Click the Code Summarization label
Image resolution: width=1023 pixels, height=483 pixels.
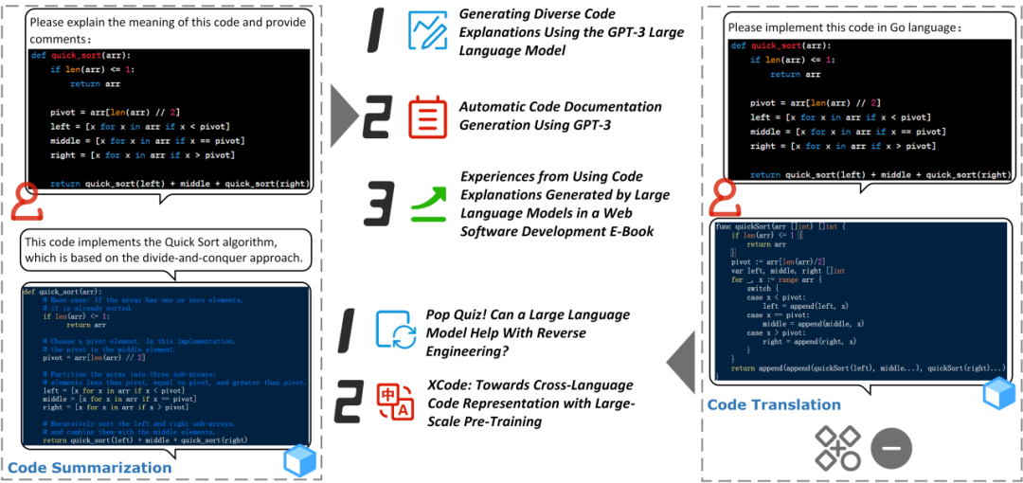point(90,467)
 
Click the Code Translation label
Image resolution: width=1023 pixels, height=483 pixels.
point(774,404)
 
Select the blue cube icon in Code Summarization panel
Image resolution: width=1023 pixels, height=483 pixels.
point(299,459)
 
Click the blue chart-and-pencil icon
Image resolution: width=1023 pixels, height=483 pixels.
point(427,30)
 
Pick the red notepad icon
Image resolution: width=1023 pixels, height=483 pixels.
point(427,116)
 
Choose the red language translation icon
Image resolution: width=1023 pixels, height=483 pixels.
point(395,402)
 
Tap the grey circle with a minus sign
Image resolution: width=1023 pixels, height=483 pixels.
point(891,447)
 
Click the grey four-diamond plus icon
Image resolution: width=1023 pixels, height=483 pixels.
point(838,447)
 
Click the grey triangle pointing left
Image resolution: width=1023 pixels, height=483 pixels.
point(684,361)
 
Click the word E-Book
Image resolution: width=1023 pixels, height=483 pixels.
point(624,230)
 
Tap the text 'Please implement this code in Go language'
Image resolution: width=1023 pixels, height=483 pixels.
point(844,27)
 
